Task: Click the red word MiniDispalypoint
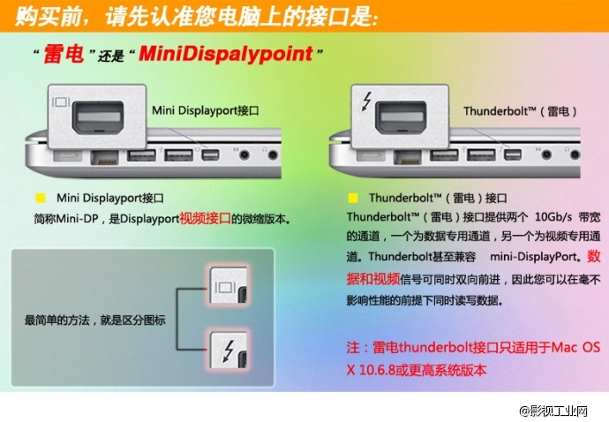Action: [226, 54]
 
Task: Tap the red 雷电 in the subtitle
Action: [64, 54]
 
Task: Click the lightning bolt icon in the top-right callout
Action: [366, 101]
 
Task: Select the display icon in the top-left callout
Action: [61, 102]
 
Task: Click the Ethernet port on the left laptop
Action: [104, 158]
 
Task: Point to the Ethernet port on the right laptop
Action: [408, 158]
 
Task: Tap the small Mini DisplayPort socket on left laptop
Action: [210, 155]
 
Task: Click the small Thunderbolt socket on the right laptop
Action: [513, 155]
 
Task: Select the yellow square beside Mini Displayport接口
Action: [41, 198]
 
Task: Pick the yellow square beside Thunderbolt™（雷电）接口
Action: [353, 198]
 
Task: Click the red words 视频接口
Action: [205, 218]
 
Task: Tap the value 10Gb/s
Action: [553, 217]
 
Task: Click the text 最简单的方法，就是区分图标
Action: [94, 320]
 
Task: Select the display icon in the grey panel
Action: [225, 287]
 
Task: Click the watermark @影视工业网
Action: [553, 411]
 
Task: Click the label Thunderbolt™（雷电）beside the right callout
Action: [520, 111]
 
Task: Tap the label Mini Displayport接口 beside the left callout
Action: [205, 110]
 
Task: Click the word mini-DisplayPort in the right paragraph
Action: [533, 257]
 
